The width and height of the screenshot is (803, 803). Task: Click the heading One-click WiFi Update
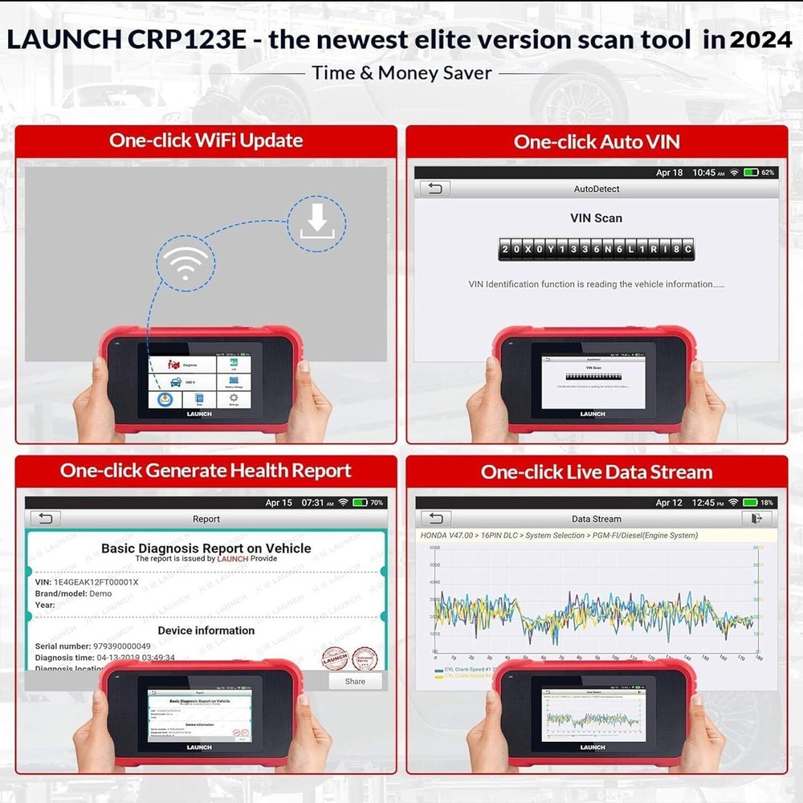206,141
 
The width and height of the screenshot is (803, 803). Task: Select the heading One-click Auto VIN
597,142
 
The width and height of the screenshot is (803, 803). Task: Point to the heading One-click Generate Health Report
206,471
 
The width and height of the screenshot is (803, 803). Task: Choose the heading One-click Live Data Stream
597,471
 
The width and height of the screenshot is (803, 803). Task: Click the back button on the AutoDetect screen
435,189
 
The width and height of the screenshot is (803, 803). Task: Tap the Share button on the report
355,681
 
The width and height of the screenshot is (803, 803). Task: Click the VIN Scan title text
596,218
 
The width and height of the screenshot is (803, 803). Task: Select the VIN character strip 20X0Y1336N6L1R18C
596,249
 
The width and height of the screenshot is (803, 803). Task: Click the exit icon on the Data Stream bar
756,519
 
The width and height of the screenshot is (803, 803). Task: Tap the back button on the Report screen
46,519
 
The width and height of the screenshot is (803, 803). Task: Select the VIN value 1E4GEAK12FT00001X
96,581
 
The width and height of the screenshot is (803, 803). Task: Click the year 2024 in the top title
760,40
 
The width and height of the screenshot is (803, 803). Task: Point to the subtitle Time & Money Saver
401,73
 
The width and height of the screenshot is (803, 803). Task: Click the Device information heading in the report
206,630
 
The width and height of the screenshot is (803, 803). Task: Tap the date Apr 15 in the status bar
279,503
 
